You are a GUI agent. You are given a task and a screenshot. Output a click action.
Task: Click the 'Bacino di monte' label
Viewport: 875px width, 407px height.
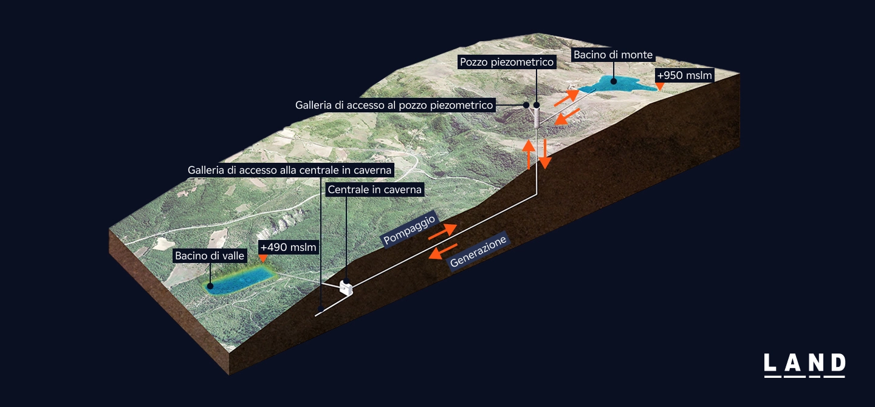(612, 55)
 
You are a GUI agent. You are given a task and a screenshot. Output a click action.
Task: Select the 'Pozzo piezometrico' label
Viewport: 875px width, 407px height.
(507, 62)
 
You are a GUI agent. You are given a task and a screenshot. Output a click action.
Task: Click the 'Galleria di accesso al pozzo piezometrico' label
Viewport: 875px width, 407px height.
(394, 105)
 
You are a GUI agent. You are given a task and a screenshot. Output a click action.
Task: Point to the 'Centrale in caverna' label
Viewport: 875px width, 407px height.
(374, 190)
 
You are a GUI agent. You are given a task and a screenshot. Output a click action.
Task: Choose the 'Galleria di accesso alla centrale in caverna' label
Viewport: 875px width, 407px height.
(290, 169)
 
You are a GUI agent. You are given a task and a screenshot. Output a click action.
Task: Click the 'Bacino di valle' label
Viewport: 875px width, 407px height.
(210, 256)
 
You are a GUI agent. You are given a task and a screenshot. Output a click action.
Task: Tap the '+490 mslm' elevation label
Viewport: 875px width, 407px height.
(289, 247)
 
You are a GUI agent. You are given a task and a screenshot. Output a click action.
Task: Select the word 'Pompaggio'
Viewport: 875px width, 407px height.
(409, 228)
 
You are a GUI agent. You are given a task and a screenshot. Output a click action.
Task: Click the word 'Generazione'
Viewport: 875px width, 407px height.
(478, 252)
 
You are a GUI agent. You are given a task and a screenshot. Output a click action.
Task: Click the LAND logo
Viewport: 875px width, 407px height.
(804, 364)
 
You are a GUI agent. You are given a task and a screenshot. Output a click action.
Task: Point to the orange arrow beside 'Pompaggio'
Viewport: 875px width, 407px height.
(442, 231)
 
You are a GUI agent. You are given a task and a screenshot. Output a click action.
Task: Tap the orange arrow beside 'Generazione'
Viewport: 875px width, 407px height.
(443, 250)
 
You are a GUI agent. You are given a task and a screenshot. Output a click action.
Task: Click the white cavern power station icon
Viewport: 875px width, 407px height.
(346, 287)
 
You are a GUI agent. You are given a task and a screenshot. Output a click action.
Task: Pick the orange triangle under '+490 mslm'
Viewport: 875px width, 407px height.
(262, 259)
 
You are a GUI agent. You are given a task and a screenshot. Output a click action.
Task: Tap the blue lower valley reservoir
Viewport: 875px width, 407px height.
(238, 280)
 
